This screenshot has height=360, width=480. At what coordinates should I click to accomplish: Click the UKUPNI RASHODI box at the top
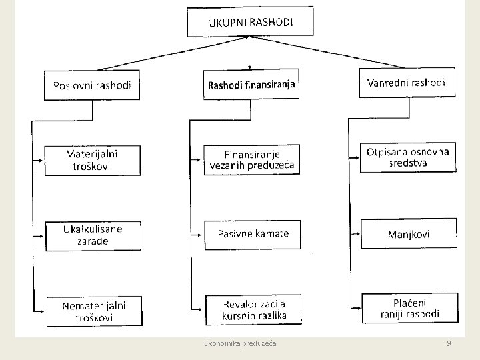pos(250,21)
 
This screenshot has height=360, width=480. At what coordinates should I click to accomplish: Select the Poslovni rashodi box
pos(92,85)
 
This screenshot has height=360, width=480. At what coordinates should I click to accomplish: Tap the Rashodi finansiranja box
pos(251,84)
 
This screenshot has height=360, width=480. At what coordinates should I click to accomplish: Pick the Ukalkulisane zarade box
pos(93,235)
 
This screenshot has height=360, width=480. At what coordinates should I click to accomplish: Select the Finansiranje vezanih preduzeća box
pos(252,160)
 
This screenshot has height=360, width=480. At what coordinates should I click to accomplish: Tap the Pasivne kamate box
pos(253,234)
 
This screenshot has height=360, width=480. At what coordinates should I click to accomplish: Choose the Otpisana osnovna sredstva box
pos(408,157)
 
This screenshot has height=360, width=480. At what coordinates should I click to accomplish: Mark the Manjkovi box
pos(409,234)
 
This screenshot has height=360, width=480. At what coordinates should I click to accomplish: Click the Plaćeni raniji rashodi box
pos(409,308)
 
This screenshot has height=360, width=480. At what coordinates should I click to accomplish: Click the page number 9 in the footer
pos(449,343)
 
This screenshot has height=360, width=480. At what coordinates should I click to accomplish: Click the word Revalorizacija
pos(255,304)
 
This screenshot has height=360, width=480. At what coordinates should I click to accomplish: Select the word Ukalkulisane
pos(93,229)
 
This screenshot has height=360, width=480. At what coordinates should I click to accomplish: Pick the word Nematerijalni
pos(93,305)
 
